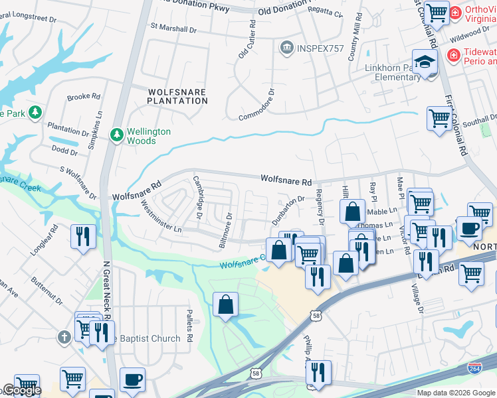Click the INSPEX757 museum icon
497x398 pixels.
(287, 48)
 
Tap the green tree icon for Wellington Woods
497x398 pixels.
(117, 135)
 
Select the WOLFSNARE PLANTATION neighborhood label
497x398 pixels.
(177, 96)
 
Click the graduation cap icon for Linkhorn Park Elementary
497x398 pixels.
(424, 62)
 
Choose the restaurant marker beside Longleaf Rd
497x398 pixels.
(83, 236)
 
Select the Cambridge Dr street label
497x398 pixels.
(197, 198)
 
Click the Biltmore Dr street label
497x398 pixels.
(226, 230)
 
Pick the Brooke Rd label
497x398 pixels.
(83, 96)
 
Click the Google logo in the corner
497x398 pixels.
(21, 391)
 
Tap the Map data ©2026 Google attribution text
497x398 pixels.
(455, 393)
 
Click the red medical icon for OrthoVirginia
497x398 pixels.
(455, 12)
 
